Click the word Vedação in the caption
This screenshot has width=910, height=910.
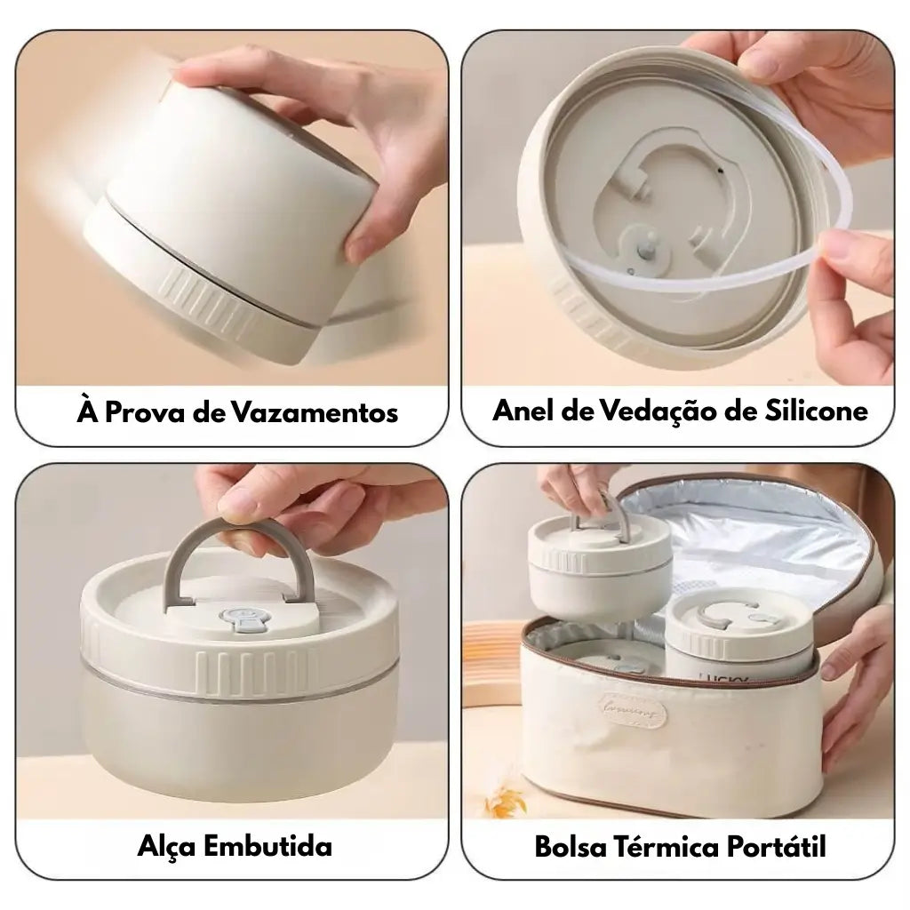click(x=659, y=411)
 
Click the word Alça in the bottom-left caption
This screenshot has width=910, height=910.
click(x=166, y=845)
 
